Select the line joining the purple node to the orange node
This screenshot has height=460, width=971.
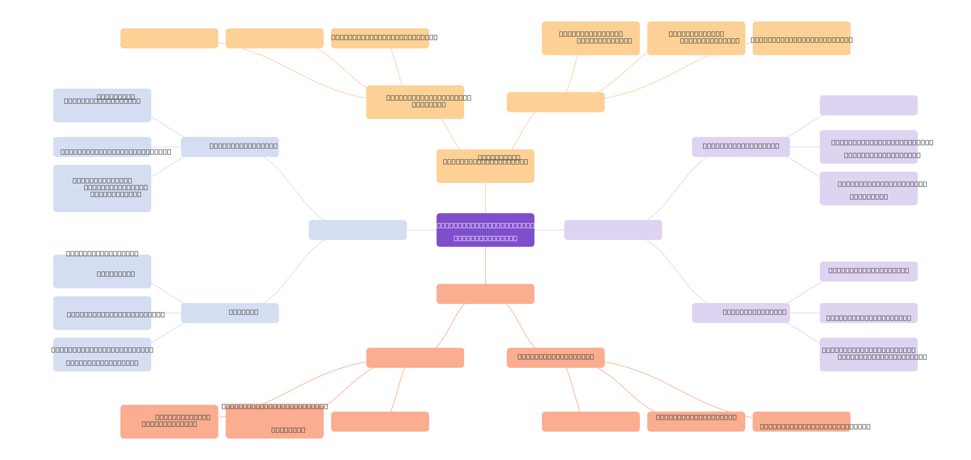pos(485,198)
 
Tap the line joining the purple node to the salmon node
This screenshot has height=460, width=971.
pos(485,265)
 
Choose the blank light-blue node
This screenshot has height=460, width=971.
pos(357,230)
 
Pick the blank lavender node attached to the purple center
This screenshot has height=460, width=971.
pos(613,230)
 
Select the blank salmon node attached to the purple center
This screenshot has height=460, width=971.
pos(485,294)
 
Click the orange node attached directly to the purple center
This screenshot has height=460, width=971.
pos(485,166)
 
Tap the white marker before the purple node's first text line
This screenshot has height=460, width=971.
pos(434,226)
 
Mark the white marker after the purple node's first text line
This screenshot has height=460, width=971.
pos(537,226)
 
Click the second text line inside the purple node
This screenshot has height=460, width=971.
pos(485,238)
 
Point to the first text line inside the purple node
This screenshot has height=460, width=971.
pos(485,226)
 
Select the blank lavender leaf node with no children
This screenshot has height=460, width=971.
pos(869,105)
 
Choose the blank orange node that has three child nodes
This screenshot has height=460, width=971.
pos(556,102)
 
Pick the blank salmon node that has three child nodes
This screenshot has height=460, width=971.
pos(415,358)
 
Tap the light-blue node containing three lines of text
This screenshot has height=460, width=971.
pos(102,188)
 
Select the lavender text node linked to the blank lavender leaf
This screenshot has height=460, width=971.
pos(741,147)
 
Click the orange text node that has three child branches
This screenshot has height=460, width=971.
pos(415,102)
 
